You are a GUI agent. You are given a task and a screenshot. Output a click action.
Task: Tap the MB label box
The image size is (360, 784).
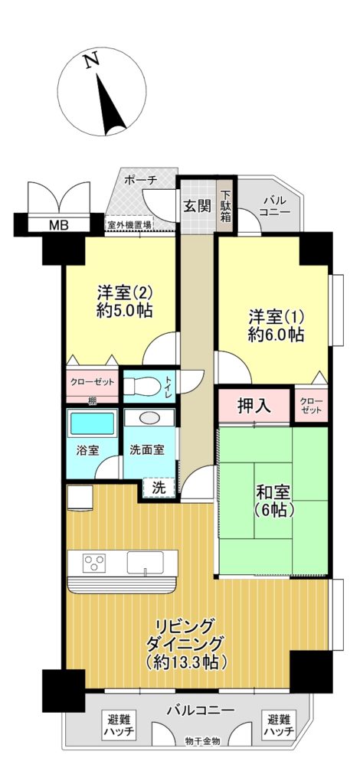pyautogui.click(x=58, y=225)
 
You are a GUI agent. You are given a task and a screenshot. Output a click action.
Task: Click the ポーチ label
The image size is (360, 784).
pyautogui.click(x=143, y=181)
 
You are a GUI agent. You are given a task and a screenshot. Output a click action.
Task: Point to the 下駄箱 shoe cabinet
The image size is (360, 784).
pyautogui.click(x=226, y=205)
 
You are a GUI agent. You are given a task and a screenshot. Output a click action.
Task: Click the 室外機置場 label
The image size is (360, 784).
pyautogui.click(x=129, y=225)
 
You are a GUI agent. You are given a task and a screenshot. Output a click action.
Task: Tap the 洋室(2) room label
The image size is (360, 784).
pyautogui.click(x=126, y=292)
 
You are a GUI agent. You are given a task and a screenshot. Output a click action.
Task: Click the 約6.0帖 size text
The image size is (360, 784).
pyautogui.click(x=275, y=335)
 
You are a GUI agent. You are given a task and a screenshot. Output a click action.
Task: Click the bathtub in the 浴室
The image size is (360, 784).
pyautogui.click(x=91, y=424)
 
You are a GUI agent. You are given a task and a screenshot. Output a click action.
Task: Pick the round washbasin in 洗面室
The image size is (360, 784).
pyautogui.click(x=150, y=419)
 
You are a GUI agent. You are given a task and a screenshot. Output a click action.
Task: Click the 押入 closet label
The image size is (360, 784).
pyautogui.click(x=253, y=406)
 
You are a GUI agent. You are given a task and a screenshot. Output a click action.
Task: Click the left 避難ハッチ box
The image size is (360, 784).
pyautogui.click(x=119, y=725)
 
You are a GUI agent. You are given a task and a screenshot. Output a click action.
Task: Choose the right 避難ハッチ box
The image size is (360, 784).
pyautogui.click(x=279, y=725)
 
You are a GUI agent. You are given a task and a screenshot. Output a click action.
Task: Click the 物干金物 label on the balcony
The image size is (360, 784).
pyautogui.click(x=202, y=741)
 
